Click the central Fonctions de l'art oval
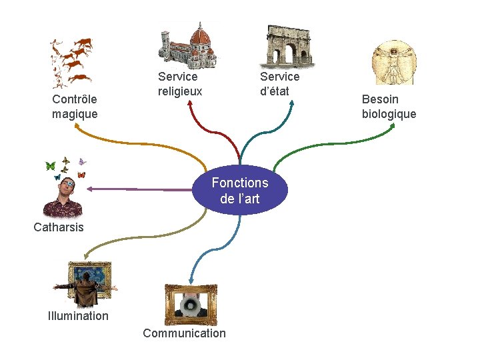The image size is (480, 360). (x=240, y=190)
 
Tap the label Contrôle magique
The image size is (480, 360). (x=75, y=107)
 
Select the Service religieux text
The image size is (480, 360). (x=180, y=84)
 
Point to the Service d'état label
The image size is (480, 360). (x=279, y=84)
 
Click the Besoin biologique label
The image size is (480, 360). (x=389, y=107)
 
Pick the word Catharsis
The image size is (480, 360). (x=59, y=227)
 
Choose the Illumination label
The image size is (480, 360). (x=78, y=316)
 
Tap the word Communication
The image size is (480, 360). (x=184, y=333)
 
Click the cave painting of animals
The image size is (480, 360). (x=71, y=62)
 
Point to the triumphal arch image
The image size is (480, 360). (x=289, y=47)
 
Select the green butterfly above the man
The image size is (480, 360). (x=50, y=166)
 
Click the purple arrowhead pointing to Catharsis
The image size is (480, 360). (x=89, y=189)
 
